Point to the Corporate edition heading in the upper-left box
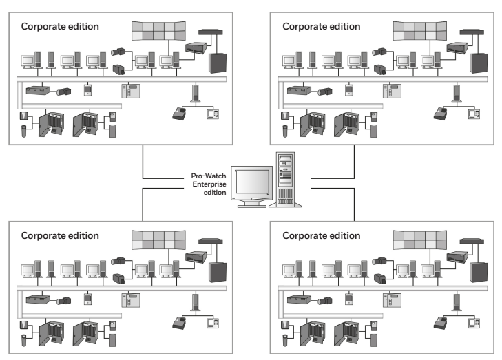tap(60, 26)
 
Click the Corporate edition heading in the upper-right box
tap(321, 26)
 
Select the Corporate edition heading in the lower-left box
tap(60, 235)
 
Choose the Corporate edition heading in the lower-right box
tap(321, 235)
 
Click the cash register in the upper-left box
tap(179, 112)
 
